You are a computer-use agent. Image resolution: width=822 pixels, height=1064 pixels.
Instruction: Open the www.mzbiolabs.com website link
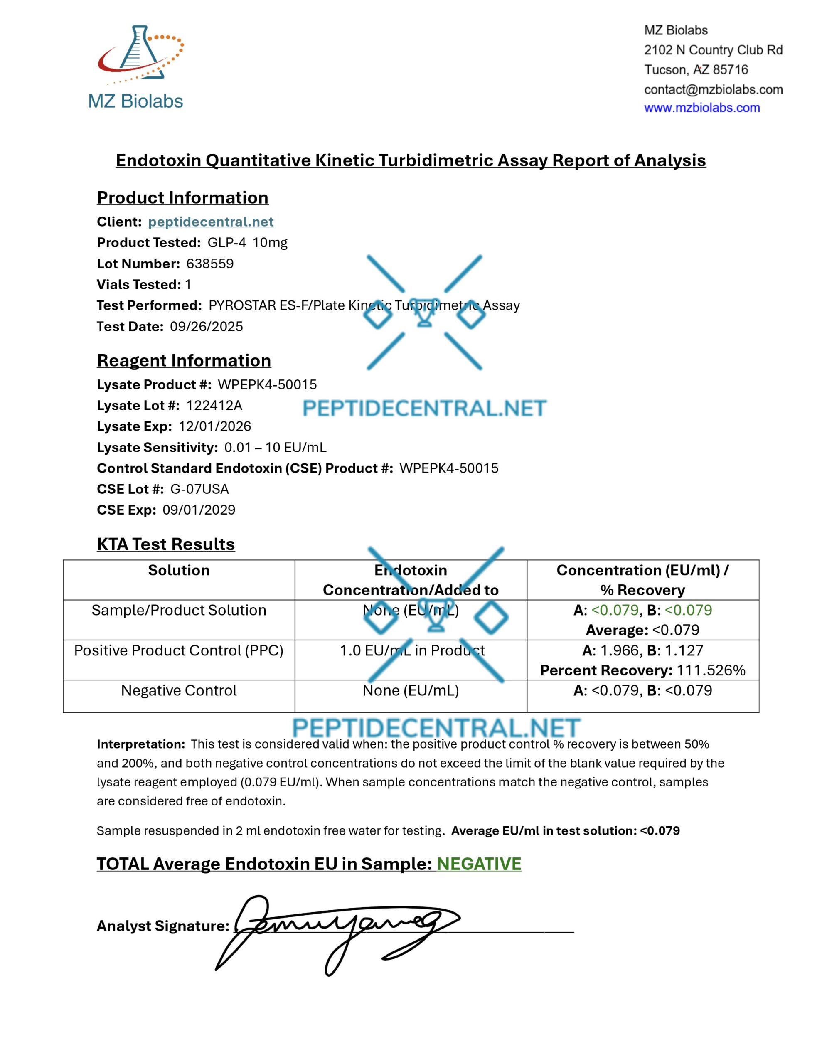pos(701,108)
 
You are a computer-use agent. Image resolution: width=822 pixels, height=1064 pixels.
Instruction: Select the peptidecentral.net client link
pos(211,222)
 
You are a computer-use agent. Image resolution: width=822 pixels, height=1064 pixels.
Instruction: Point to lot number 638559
pos(210,264)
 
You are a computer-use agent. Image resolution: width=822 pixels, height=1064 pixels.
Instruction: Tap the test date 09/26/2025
pos(206,326)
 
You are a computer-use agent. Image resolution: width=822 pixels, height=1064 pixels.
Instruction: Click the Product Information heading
pos(183,197)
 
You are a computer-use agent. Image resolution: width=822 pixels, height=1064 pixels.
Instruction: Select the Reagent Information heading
pos(184,360)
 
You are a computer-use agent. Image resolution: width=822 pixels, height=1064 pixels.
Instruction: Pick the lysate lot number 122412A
pos(214,405)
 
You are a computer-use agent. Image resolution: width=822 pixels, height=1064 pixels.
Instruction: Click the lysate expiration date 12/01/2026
pos(215,426)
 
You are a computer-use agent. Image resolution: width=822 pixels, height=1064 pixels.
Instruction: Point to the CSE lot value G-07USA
pos(199,489)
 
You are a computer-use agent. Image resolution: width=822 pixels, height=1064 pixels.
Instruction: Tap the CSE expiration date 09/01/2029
pos(199,510)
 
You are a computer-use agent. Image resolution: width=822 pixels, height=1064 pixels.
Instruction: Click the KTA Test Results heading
pos(166,544)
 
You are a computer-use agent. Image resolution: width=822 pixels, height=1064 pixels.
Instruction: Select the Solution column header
pos(179,571)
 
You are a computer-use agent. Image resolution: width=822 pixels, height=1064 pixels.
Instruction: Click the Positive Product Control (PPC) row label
pos(179,650)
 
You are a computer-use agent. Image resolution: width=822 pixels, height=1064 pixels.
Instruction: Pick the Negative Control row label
pos(179,690)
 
